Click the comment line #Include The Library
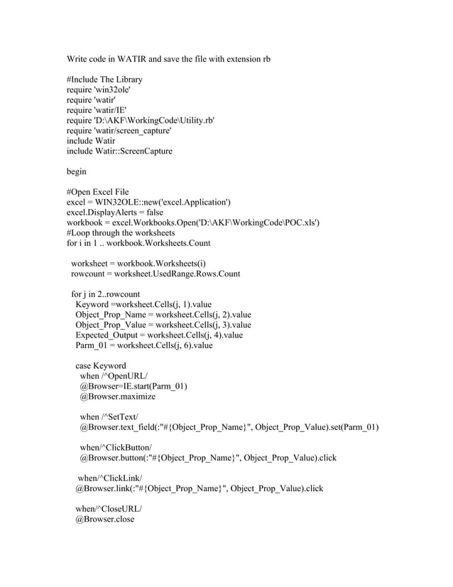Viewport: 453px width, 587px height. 104,80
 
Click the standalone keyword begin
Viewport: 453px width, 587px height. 77,172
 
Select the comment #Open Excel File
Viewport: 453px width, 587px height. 97,193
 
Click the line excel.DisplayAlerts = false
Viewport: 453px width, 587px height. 115,212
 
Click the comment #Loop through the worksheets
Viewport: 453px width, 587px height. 124,233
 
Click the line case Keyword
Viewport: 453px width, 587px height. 101,366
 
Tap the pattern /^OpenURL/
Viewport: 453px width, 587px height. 126,377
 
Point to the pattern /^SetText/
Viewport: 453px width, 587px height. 121,417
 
